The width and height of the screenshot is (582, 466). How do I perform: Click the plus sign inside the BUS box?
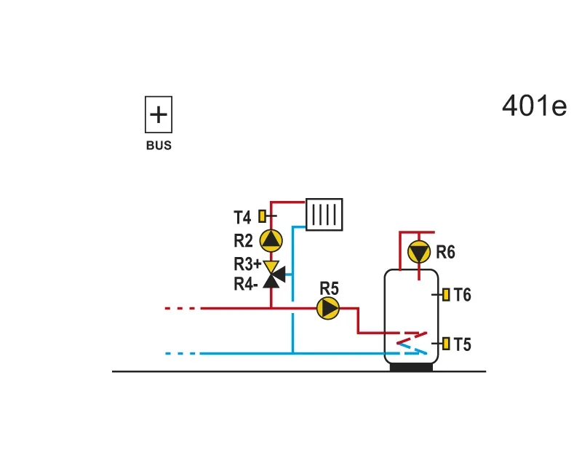click(159, 114)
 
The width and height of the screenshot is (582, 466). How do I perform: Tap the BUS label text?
click(159, 146)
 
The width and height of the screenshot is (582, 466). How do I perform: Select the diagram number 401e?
click(534, 106)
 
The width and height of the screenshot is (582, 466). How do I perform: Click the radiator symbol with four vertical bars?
click(324, 214)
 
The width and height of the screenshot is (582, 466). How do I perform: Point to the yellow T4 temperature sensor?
click(262, 216)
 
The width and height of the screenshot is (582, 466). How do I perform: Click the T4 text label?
click(242, 218)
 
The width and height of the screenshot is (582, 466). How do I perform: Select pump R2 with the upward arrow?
click(271, 240)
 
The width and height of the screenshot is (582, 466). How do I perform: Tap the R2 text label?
click(243, 240)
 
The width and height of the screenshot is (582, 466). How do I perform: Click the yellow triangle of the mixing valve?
click(271, 266)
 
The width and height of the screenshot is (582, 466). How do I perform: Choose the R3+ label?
click(247, 264)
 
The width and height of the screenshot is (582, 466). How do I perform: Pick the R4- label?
click(245, 284)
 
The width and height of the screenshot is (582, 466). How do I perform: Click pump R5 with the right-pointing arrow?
click(328, 308)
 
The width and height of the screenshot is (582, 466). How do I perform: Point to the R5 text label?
click(330, 288)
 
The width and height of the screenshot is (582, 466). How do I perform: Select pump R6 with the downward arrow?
click(419, 252)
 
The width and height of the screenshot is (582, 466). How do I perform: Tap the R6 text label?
click(445, 252)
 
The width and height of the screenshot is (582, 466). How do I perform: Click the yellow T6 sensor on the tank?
click(446, 294)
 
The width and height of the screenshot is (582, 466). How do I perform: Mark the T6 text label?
click(463, 295)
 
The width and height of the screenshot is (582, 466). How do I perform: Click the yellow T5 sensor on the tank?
click(446, 344)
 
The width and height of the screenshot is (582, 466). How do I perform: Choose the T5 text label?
click(463, 344)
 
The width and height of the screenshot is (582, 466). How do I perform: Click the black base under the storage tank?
click(411, 367)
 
